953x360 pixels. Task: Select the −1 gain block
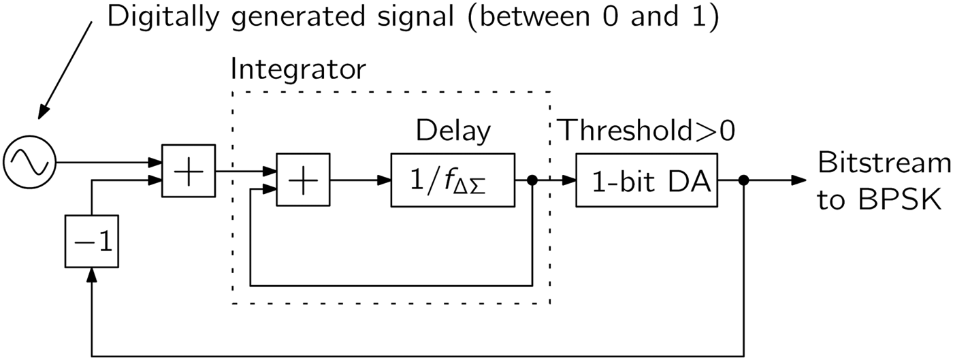(92, 241)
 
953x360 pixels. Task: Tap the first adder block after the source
(188, 171)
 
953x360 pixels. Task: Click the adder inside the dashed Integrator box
(302, 180)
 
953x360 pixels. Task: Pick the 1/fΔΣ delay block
(452, 180)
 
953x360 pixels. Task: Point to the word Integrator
(298, 69)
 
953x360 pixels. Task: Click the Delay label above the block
(453, 131)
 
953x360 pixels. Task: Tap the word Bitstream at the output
(884, 163)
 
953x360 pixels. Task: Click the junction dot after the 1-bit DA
(744, 181)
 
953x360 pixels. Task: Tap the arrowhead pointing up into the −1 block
(92, 274)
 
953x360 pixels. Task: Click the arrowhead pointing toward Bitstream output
(798, 181)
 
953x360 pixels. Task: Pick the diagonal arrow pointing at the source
(65, 68)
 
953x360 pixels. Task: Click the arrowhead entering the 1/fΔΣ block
(385, 181)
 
